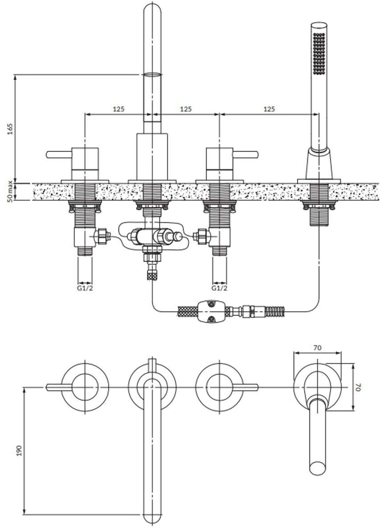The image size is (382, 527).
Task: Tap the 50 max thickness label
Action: tap(10, 191)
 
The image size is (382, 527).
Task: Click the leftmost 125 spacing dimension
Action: tap(119, 109)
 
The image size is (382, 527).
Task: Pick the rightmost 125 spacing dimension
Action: tap(269, 109)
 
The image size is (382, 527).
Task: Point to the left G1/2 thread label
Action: tap(85, 288)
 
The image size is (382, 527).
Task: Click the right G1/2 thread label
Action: tap(219, 288)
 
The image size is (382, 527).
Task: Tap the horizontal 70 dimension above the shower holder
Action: tap(318, 347)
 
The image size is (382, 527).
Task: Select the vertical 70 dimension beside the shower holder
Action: tap(358, 387)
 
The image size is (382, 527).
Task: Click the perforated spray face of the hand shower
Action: tap(319, 53)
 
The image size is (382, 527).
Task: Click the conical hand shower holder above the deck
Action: tap(319, 164)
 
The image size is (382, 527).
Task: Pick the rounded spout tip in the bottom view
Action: tap(152, 515)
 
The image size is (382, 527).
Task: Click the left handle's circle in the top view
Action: tap(85, 387)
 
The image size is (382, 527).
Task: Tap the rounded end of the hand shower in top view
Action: tap(318, 467)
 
